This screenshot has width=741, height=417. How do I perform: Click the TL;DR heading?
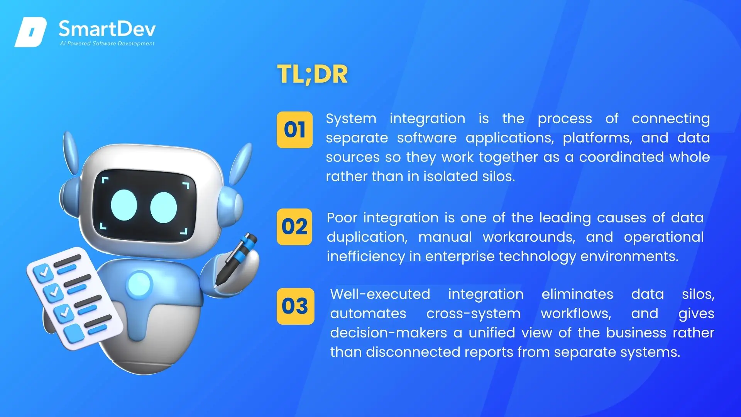[x=312, y=74]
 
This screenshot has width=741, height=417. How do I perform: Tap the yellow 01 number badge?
[x=294, y=130]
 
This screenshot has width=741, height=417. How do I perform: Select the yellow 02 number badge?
[x=294, y=227]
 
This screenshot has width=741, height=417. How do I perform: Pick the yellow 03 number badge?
[x=295, y=306]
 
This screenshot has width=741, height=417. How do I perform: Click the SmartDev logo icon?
[x=30, y=32]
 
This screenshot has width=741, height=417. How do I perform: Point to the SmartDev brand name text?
[x=107, y=29]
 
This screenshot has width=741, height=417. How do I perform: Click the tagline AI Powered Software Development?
[x=107, y=43]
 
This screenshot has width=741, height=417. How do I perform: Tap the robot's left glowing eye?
[x=124, y=205]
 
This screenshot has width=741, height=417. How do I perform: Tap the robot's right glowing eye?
[x=163, y=207]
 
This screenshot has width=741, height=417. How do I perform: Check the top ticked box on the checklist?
[x=43, y=273]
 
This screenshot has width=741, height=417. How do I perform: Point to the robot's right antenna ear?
[x=241, y=163]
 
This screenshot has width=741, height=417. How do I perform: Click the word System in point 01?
[x=351, y=119]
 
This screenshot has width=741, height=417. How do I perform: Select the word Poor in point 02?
[x=342, y=218]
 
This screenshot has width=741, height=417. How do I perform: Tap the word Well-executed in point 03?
[x=380, y=294]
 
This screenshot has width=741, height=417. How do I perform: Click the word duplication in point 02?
[x=367, y=237]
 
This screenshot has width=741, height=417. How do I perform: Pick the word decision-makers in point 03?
[x=388, y=333]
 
